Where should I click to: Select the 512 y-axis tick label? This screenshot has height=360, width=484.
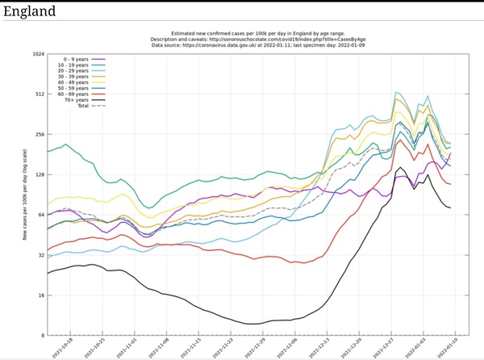40,94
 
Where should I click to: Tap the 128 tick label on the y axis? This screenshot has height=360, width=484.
40,174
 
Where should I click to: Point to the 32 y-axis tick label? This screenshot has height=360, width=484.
41,255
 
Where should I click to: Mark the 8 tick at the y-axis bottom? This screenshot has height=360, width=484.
43,335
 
